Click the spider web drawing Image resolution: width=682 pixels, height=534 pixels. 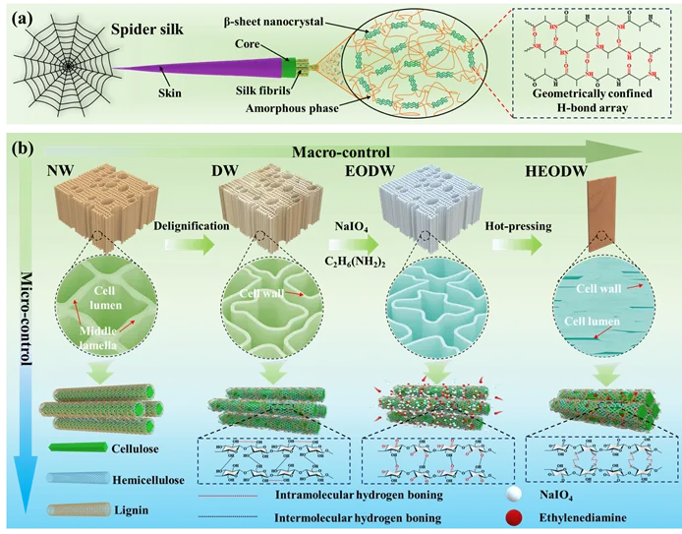pos(67,66)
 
